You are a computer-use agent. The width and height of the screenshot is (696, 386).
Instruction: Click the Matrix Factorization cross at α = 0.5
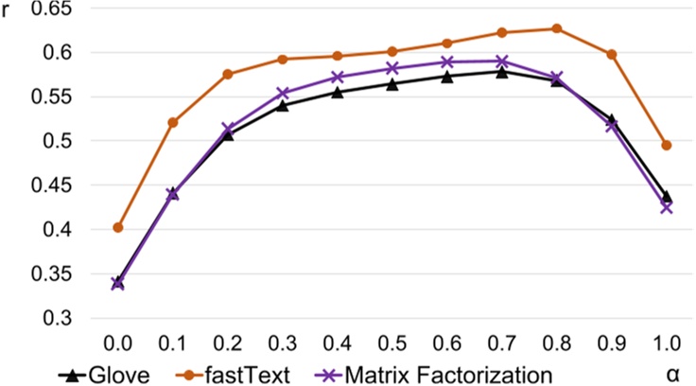click(391, 68)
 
